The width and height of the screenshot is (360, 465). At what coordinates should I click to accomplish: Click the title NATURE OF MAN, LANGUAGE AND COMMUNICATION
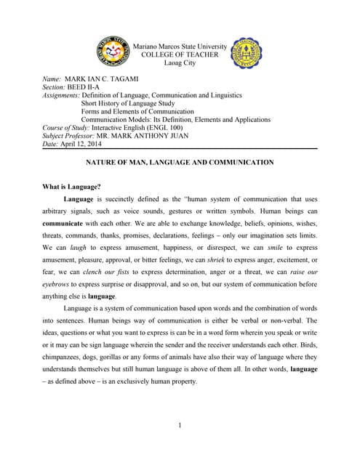click(180, 163)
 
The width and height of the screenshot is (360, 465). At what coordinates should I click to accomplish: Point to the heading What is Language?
click(72, 187)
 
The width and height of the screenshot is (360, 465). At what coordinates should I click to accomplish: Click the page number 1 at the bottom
click(180, 425)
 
